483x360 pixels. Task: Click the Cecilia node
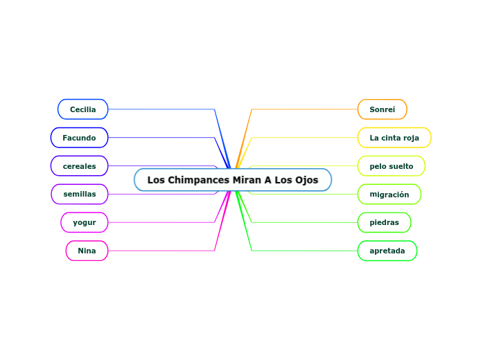pyautogui.click(x=83, y=109)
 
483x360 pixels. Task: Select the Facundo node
pyautogui.click(x=80, y=138)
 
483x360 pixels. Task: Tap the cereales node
pyautogui.click(x=80, y=166)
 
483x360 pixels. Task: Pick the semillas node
pyautogui.click(x=80, y=195)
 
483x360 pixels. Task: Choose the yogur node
pyautogui.click(x=85, y=223)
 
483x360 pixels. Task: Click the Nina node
pyautogui.click(x=87, y=251)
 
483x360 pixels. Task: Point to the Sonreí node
pyautogui.click(x=383, y=109)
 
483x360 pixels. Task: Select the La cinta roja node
pyautogui.click(x=394, y=138)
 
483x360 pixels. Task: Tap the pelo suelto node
pyautogui.click(x=392, y=166)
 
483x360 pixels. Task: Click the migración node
pyautogui.click(x=389, y=195)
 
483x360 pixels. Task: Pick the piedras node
pyautogui.click(x=385, y=223)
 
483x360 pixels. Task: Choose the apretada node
pyautogui.click(x=387, y=251)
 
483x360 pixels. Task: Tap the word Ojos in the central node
pyautogui.click(x=306, y=180)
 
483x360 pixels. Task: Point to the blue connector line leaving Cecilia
pyautogui.click(x=159, y=109)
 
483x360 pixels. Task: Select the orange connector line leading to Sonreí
pyautogui.click(x=305, y=109)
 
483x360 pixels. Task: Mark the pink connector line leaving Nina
pyautogui.click(x=159, y=251)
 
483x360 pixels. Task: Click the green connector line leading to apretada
pyautogui.click(x=305, y=251)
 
